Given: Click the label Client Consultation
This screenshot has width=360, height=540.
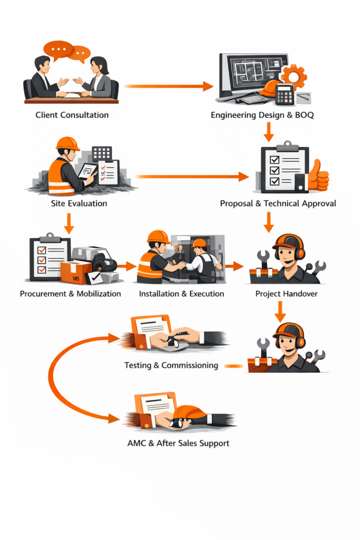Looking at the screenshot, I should tap(72, 114).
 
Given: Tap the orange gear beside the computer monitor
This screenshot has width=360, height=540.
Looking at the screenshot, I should tap(294, 77).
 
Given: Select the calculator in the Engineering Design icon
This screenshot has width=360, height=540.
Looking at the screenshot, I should tap(285, 94).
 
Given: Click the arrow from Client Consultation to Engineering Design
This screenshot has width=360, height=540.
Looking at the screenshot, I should tap(169, 86).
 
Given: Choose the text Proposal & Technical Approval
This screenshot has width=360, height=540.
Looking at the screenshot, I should tap(278, 203).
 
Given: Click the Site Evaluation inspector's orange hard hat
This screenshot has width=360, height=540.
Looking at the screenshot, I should tap(67, 143).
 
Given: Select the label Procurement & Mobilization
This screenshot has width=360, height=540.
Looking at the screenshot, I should tap(71, 293).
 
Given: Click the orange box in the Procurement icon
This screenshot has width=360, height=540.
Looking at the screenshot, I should tap(75, 272).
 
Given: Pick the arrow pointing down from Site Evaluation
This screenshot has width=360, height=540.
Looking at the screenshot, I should tap(69, 223).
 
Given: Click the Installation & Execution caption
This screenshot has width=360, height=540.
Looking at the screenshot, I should tap(181, 293).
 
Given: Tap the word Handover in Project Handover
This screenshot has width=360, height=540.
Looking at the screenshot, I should tap(300, 293).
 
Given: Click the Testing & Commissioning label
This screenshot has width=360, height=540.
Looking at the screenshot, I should tap(171, 365).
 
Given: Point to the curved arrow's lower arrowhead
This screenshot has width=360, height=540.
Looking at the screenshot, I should tap(113, 419).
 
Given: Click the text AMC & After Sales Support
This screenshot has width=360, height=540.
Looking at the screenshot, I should tap(178, 443).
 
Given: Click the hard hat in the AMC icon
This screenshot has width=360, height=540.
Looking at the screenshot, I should tap(189, 412).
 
